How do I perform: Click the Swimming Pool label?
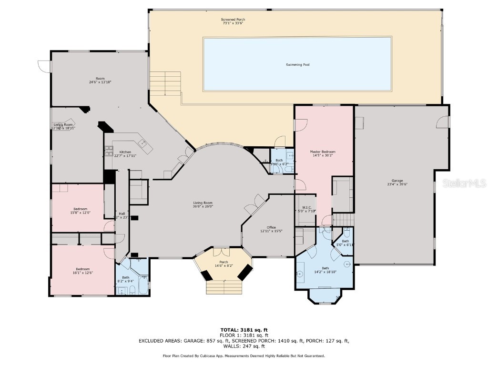click(x=297, y=64)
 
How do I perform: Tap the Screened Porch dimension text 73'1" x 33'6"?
click(x=233, y=24)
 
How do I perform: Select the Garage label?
click(x=397, y=181)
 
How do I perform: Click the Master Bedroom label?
click(x=323, y=152)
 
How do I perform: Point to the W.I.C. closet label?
click(x=306, y=207)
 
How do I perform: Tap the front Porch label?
click(x=224, y=262)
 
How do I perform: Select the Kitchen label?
click(x=125, y=152)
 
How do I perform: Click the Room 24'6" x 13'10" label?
click(x=100, y=79)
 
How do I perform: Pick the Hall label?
click(x=122, y=213)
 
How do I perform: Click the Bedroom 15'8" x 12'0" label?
click(x=80, y=209)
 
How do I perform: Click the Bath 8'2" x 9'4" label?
click(x=125, y=277)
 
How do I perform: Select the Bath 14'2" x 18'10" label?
click(x=325, y=268)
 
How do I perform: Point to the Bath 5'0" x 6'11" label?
click(x=345, y=241)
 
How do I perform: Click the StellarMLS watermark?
click(x=464, y=183)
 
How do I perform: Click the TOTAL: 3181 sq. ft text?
click(x=244, y=330)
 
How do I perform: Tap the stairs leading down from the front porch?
click(x=224, y=287)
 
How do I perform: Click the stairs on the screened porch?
click(x=165, y=83)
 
